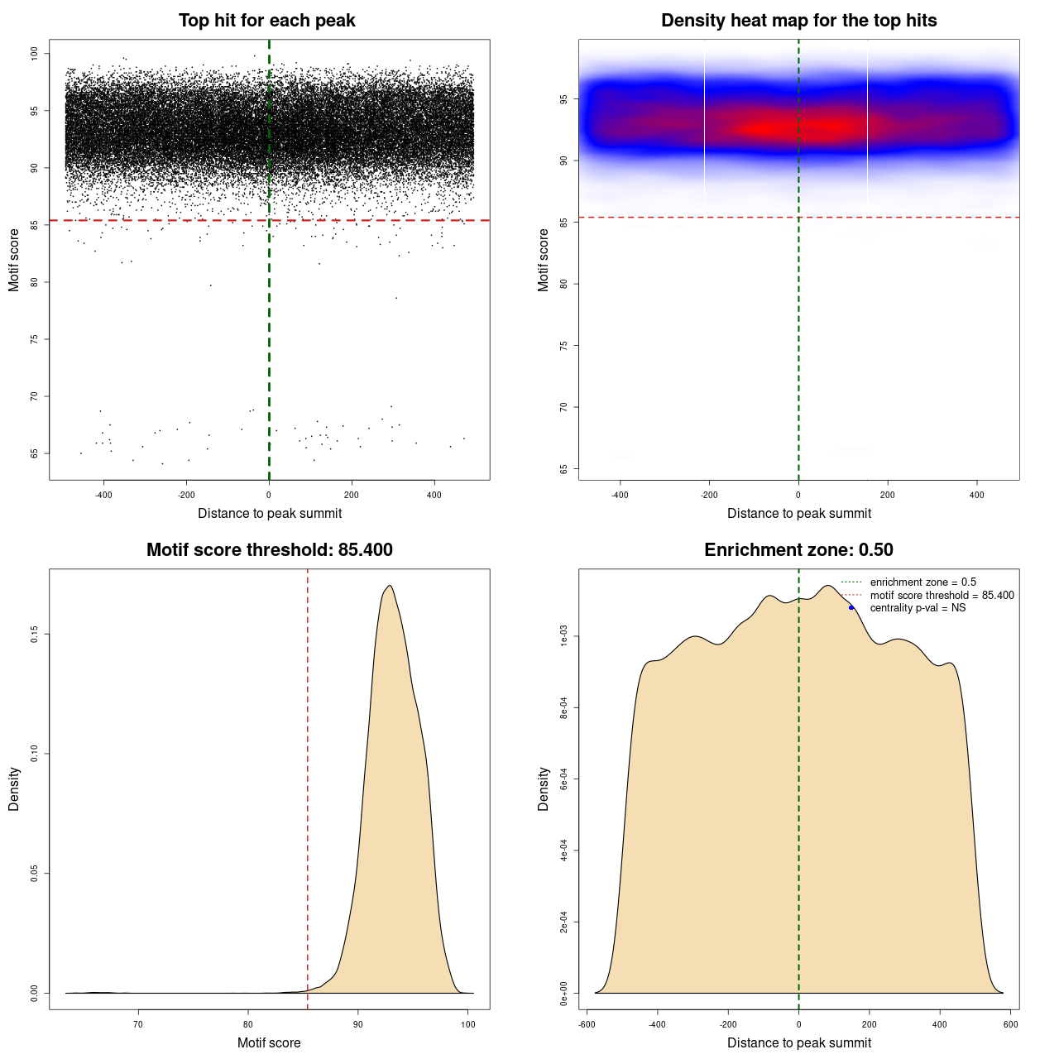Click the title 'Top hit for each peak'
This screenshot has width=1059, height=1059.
point(266,21)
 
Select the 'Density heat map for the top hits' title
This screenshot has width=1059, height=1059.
point(798,21)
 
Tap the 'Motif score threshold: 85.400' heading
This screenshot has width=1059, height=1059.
point(269,550)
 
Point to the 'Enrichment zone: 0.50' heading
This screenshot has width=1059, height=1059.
point(798,550)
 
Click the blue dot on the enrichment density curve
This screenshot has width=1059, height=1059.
point(851,607)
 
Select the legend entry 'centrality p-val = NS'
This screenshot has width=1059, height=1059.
point(918,608)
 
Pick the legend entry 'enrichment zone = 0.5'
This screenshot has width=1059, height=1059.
point(922,582)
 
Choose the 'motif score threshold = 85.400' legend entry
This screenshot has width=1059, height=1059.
point(942,596)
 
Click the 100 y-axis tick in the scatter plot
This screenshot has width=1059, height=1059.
point(34,54)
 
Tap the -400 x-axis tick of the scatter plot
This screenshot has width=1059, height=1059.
point(103,496)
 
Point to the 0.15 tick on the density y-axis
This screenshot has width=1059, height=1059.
point(34,635)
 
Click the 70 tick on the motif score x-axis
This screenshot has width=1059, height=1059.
point(138,1025)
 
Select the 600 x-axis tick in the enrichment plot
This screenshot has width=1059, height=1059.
point(1010,1024)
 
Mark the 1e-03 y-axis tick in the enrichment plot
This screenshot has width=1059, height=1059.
point(563,636)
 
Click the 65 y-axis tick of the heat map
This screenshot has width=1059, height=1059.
point(563,469)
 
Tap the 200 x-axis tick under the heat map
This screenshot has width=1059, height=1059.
point(888,496)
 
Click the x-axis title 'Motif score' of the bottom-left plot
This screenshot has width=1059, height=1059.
point(269,1042)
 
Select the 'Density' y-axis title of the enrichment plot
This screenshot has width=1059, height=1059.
point(544,788)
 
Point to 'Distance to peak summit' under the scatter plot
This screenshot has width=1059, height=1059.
point(270,513)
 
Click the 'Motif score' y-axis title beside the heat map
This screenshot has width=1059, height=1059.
point(544,260)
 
